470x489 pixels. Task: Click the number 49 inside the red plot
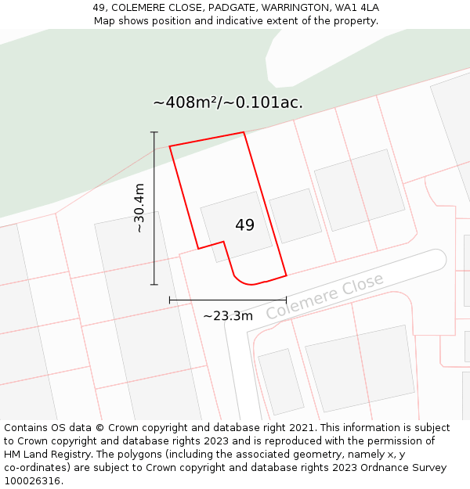pyautogui.click(x=244, y=225)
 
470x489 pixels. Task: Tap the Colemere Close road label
pyautogui.click(x=324, y=296)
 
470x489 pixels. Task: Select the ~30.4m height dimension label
pyautogui.click(x=140, y=208)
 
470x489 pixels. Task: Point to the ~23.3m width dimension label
pyautogui.click(x=228, y=316)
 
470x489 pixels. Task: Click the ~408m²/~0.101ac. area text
pyautogui.click(x=228, y=102)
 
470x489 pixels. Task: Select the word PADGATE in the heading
pyautogui.click(x=231, y=8)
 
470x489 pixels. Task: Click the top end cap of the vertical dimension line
pyautogui.click(x=154, y=132)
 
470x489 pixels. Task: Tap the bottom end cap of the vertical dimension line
pyautogui.click(x=154, y=284)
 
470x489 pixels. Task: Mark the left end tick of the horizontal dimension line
pyautogui.click(x=170, y=299)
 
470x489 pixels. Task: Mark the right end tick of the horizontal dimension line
pyautogui.click(x=286, y=299)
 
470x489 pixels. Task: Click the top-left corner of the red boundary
pyautogui.click(x=170, y=146)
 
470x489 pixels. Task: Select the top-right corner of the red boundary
pyautogui.click(x=244, y=132)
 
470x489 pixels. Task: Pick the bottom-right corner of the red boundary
pyautogui.click(x=286, y=275)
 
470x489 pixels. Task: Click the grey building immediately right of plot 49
pyautogui.click(x=295, y=215)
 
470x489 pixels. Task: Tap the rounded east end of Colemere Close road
pyautogui.click(x=438, y=257)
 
